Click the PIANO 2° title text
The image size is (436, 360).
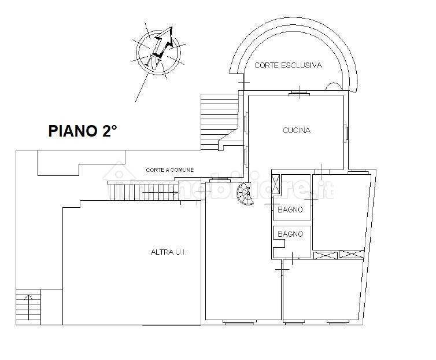click(82, 131)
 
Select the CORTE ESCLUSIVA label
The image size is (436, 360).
click(288, 66)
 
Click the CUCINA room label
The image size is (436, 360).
click(296, 130)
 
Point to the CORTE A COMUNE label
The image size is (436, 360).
click(169, 170)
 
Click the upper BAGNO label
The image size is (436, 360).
click(290, 210)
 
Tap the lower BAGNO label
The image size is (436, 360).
click(290, 234)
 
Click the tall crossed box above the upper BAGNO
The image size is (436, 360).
click(276, 186)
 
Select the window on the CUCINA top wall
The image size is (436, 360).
click(298, 93)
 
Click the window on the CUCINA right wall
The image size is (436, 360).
click(346, 133)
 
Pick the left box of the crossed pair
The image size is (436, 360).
click(325, 255)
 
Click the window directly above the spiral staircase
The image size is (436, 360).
click(219, 181)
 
